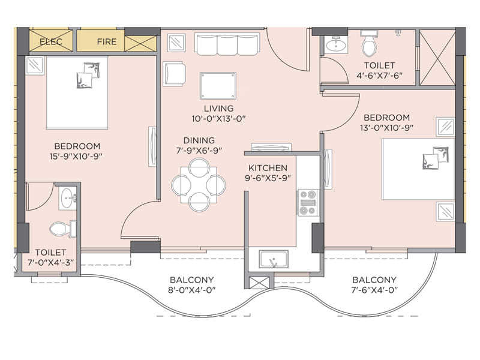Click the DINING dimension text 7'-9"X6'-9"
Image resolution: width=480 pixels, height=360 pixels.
pos(199,150)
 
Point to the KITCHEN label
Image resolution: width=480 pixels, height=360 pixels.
pos(268,168)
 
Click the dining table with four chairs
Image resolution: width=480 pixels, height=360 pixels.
pos(199,184)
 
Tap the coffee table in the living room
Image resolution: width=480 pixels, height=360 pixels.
pos(218,84)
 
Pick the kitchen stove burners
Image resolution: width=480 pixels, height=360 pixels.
pos(308,202)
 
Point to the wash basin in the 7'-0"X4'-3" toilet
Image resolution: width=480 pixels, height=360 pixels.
pos(67,197)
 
